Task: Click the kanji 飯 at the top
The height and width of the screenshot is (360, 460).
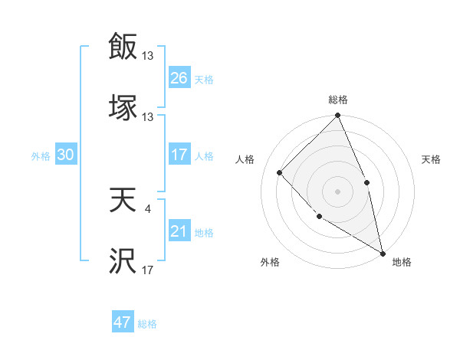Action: click(x=123, y=47)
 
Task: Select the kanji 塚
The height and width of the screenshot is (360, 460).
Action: click(x=123, y=108)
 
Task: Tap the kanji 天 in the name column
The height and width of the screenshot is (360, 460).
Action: click(x=123, y=201)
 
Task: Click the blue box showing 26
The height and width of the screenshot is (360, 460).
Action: click(x=179, y=78)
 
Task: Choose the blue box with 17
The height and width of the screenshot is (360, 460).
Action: click(x=179, y=155)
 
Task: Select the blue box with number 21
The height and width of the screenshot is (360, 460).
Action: click(x=179, y=231)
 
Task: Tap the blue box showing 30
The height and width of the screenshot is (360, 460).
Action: click(x=65, y=155)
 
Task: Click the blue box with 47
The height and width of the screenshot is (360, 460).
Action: click(x=123, y=322)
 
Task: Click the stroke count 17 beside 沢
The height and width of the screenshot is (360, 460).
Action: click(x=147, y=270)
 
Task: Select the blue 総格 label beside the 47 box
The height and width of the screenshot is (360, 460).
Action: click(x=147, y=324)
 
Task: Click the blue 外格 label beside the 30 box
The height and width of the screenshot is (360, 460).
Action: click(x=41, y=156)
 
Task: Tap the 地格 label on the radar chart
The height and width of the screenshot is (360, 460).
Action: click(x=402, y=263)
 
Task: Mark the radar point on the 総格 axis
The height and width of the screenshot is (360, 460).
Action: click(x=337, y=116)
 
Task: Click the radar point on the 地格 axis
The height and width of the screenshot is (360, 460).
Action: click(x=382, y=253)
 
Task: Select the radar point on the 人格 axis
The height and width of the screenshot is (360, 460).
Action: click(x=280, y=172)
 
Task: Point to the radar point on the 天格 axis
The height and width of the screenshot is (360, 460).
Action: click(x=366, y=182)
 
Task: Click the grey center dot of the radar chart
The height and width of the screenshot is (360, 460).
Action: click(x=337, y=191)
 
